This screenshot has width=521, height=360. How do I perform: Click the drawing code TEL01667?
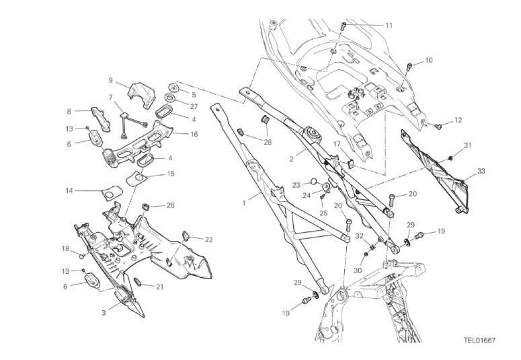pos(480,340)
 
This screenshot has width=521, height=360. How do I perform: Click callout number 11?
pos(389,26)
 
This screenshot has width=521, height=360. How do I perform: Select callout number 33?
pos(481,171)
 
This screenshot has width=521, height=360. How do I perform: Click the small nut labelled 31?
pos(450,157)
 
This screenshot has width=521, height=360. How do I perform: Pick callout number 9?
pos(111,80)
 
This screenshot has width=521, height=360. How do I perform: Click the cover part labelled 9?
pos(142,94)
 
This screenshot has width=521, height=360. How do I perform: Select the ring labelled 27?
pos(169,98)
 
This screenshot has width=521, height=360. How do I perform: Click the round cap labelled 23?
pos(314,182)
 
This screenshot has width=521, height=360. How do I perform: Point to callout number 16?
pos(194,134)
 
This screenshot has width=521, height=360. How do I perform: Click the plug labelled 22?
pos(186,236)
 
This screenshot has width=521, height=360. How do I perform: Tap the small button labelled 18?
pos(82,256)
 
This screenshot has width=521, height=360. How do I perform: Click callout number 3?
pos(104,313)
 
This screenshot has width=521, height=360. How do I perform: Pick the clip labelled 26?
pos(145,207)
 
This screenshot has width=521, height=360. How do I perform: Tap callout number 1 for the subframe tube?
pos(244,203)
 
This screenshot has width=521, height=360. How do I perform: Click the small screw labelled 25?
pos(321,198)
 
